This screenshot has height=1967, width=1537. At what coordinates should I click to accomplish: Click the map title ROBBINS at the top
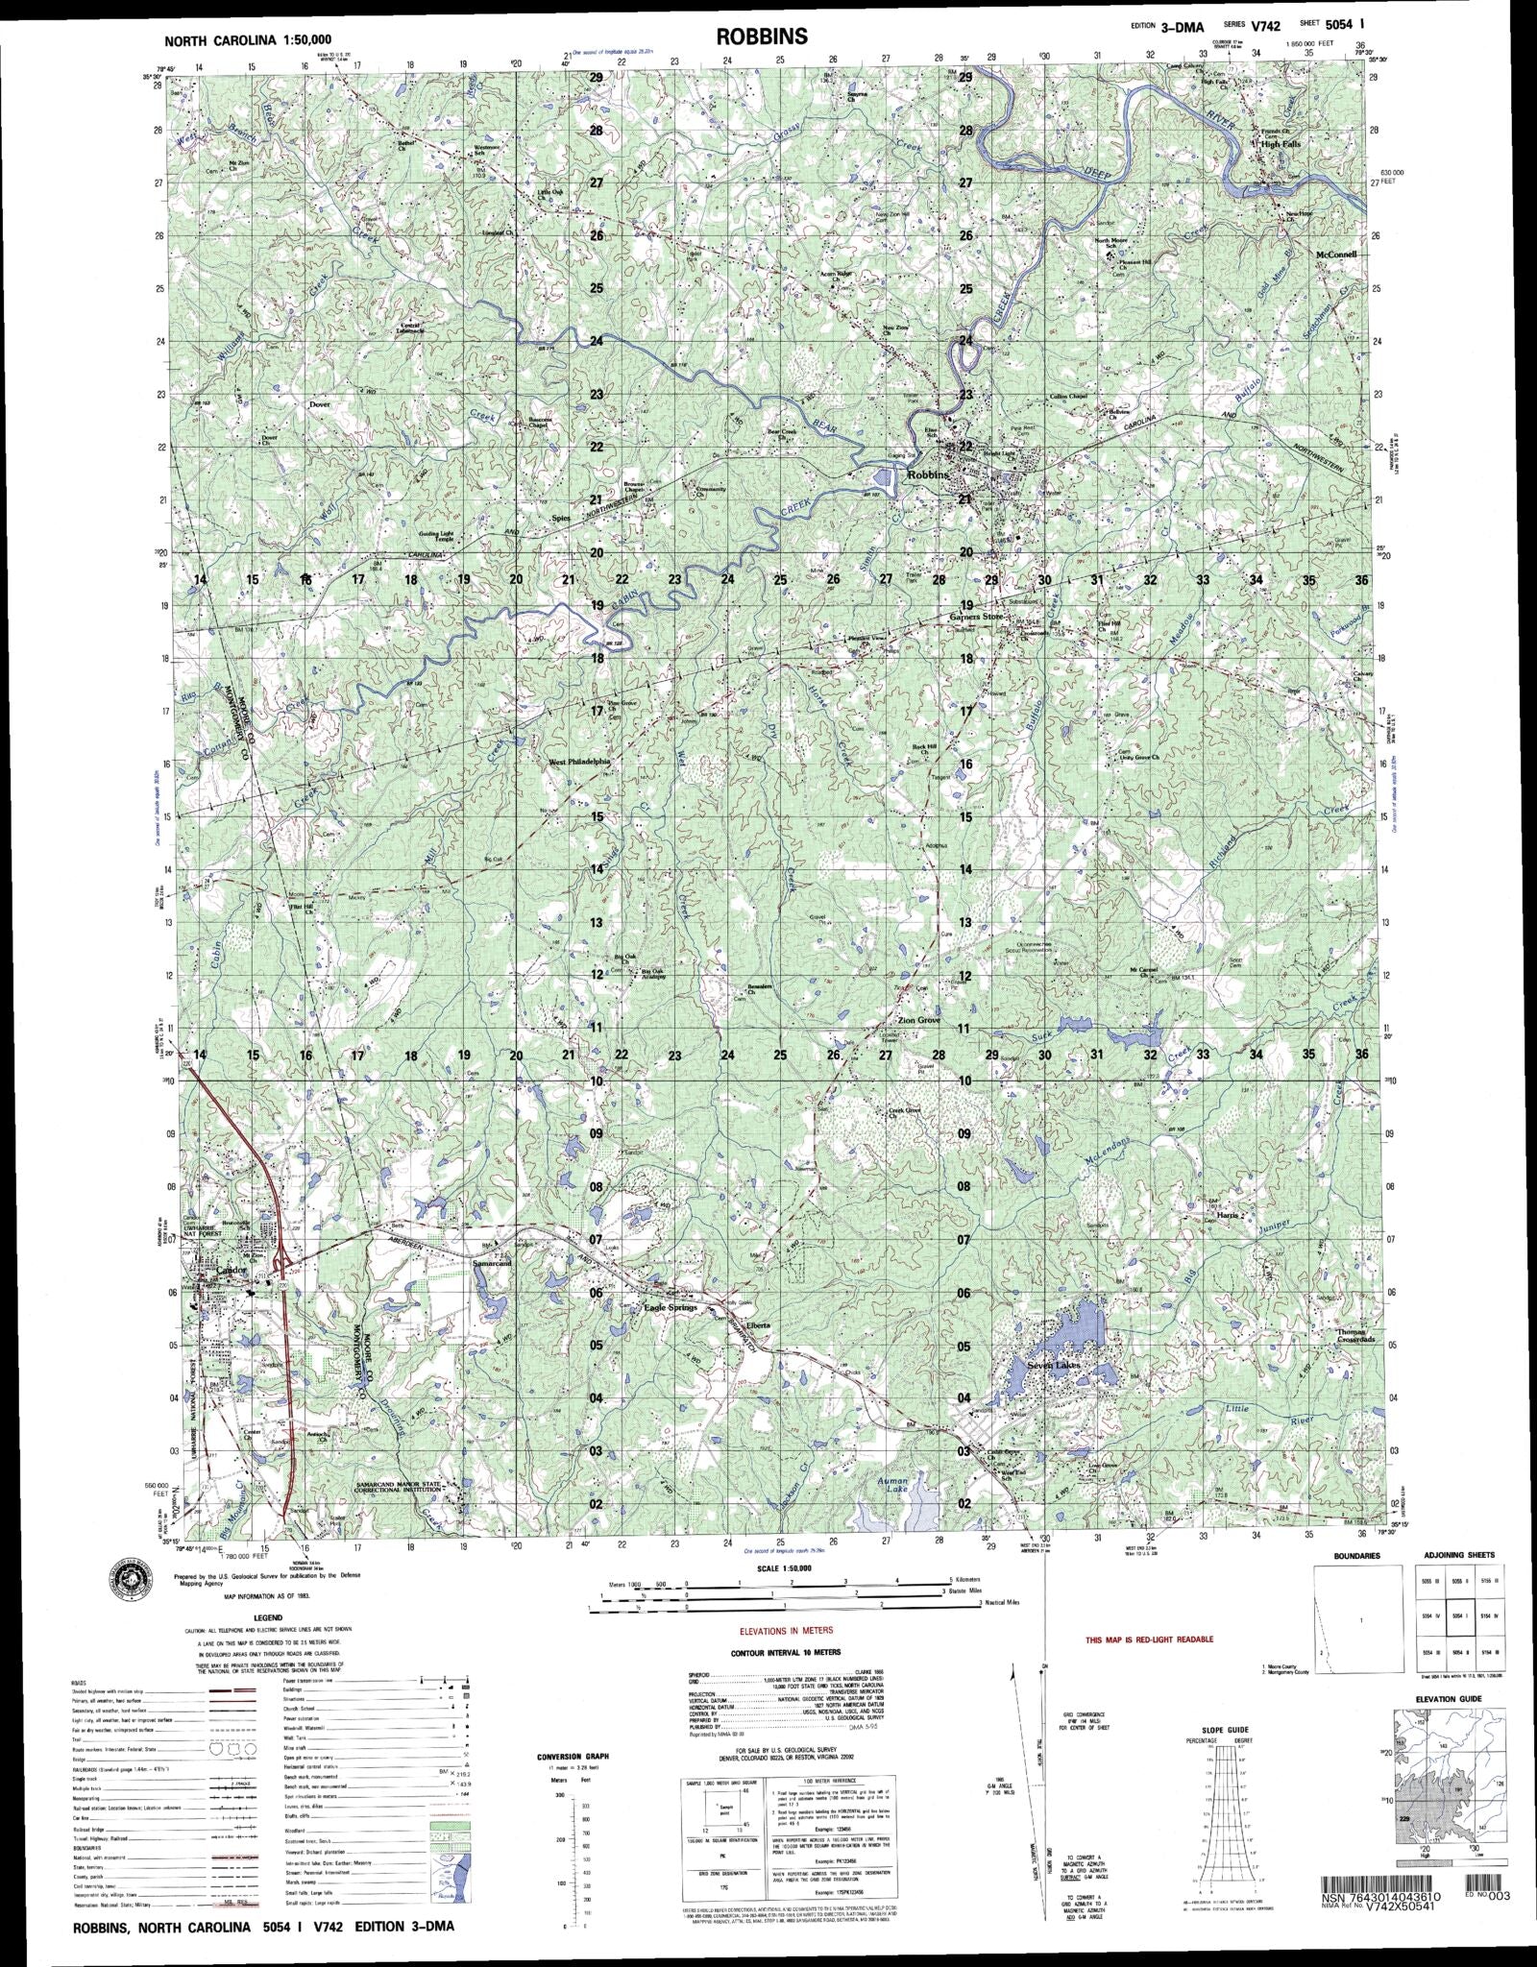click(x=762, y=36)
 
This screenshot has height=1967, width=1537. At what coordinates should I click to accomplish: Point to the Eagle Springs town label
click(x=669, y=1308)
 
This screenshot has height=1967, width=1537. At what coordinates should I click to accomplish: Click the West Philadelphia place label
click(x=579, y=761)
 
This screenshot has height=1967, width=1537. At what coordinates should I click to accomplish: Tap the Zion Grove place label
click(x=918, y=1021)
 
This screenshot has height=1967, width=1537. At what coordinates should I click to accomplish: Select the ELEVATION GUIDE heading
click(x=1449, y=1699)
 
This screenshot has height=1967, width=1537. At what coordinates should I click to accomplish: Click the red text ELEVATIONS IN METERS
click(x=786, y=1631)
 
